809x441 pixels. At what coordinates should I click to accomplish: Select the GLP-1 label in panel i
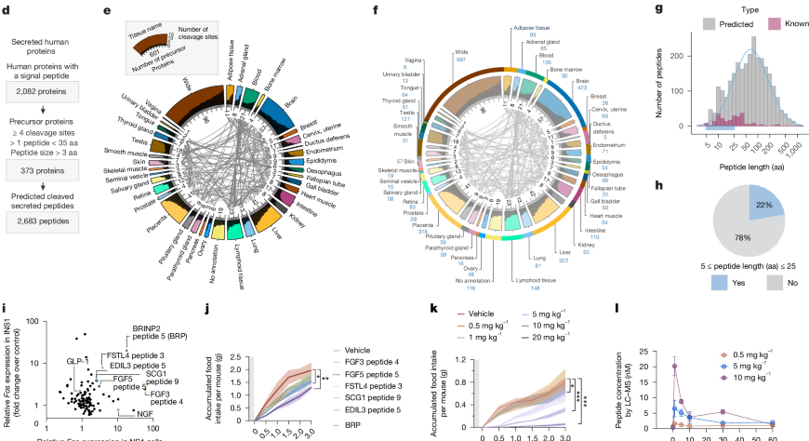tap(76, 358)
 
